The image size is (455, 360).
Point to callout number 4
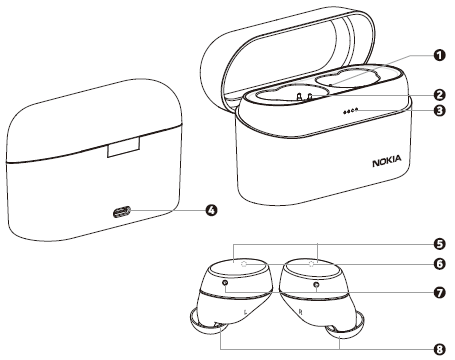212,211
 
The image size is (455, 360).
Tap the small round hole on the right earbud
317,285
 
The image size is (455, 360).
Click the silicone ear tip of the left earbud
200,324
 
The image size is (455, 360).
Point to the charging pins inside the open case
304,97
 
